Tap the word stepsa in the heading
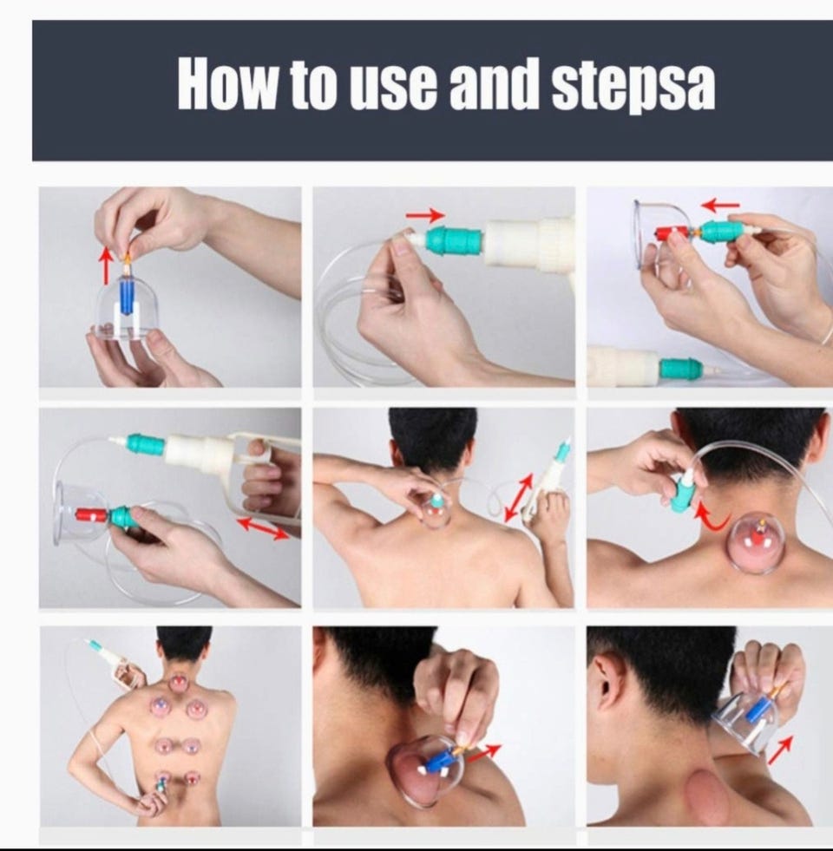click(633, 88)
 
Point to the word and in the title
click(495, 85)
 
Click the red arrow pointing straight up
click(107, 265)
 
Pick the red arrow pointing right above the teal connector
click(426, 215)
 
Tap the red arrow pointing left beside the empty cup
click(720, 206)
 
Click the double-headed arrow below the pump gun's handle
click(264, 528)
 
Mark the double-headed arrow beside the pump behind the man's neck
click(519, 497)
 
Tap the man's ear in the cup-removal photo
click(601, 685)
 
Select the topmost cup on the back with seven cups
click(177, 682)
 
